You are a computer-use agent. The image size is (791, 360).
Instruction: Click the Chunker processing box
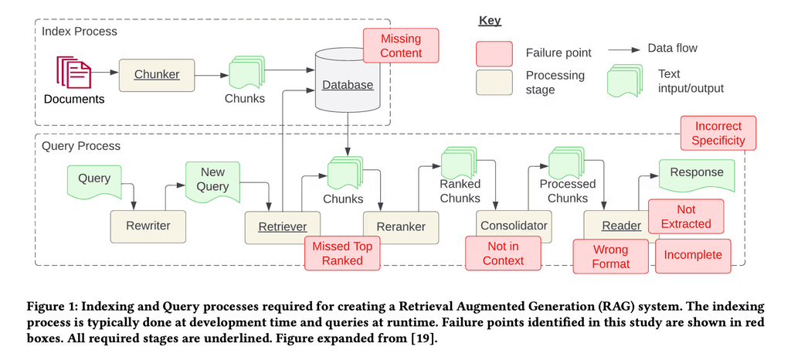point(157,74)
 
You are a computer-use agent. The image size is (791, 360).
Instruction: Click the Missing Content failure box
point(400,46)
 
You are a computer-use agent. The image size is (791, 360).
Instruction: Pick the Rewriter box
point(148,226)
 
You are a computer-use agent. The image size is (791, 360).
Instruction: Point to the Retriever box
point(282,226)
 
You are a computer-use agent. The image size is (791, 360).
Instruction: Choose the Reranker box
point(394,226)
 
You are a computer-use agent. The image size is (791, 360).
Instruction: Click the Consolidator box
point(514,226)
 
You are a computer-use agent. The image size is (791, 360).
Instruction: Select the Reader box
point(621,226)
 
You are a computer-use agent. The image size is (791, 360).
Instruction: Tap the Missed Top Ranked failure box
point(343,253)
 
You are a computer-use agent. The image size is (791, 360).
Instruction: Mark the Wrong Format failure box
point(610,256)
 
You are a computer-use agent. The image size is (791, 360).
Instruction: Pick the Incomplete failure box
point(692,256)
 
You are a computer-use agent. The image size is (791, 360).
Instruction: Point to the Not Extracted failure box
point(685,216)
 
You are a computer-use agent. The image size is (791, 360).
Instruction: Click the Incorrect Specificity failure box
point(718,133)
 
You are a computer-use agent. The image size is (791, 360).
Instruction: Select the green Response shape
point(696,174)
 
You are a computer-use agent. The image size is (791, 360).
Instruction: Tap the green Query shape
point(94,180)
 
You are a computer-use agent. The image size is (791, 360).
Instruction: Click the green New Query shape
point(214,181)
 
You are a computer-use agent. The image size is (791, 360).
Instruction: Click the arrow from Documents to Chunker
point(106,74)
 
